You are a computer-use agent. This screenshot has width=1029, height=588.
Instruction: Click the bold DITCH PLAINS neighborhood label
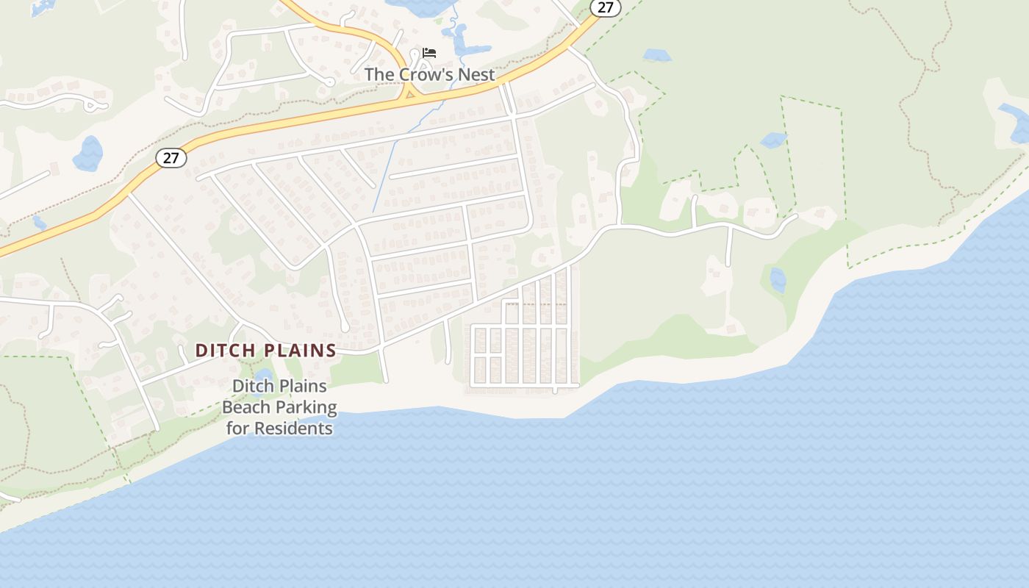265,351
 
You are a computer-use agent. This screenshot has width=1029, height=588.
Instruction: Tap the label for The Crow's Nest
429,74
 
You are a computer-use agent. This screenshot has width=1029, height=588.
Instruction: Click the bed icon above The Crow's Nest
429,53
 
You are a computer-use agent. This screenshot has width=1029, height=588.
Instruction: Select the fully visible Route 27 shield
171,157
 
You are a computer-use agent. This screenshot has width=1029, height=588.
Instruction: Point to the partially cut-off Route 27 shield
605,7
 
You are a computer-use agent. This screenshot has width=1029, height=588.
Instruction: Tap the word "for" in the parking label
237,428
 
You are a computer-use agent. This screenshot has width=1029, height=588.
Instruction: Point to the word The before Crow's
379,74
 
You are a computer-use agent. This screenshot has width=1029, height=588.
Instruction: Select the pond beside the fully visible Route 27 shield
88,154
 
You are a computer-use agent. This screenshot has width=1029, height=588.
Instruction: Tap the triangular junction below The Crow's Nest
410,93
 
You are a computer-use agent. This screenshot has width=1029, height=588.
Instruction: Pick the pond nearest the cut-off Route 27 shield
656,55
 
